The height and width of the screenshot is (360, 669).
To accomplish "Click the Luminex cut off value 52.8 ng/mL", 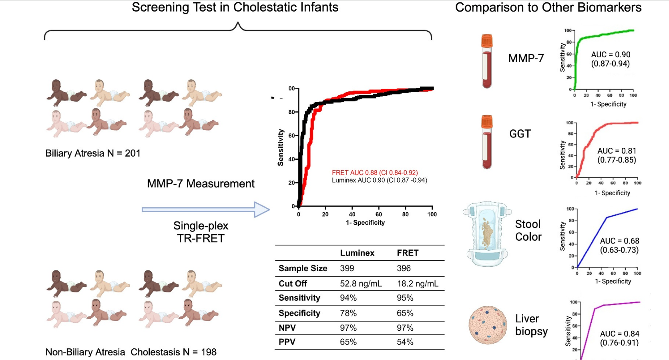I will (361, 284).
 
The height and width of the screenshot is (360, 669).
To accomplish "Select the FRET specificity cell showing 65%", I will (405, 313).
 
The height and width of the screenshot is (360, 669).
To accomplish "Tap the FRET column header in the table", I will (408, 253).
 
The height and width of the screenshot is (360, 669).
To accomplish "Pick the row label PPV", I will (287, 342).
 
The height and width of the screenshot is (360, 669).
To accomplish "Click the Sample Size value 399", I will (347, 268).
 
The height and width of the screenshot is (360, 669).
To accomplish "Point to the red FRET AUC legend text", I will (375, 173).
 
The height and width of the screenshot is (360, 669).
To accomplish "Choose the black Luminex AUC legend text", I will (379, 180).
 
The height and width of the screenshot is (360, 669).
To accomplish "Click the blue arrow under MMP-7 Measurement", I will (206, 209).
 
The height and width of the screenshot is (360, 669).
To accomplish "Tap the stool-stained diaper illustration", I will (487, 234).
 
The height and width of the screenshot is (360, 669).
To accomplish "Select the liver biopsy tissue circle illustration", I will (488, 325).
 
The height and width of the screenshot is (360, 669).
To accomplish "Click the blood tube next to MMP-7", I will (487, 61).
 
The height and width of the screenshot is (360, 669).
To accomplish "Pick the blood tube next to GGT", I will (487, 142).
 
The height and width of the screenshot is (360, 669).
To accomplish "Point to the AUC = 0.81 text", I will (617, 151).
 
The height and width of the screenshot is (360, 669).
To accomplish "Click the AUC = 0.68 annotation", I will (619, 241).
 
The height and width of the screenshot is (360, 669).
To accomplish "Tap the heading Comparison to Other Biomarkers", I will (548, 8).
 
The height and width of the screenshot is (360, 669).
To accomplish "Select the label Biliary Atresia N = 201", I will (93, 153).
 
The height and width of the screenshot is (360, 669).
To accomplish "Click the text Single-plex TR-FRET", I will (201, 232).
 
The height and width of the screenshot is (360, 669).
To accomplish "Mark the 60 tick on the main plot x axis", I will (379, 214).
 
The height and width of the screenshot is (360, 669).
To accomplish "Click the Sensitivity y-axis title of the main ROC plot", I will (281, 147).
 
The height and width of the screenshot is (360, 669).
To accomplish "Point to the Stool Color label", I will (528, 230).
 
